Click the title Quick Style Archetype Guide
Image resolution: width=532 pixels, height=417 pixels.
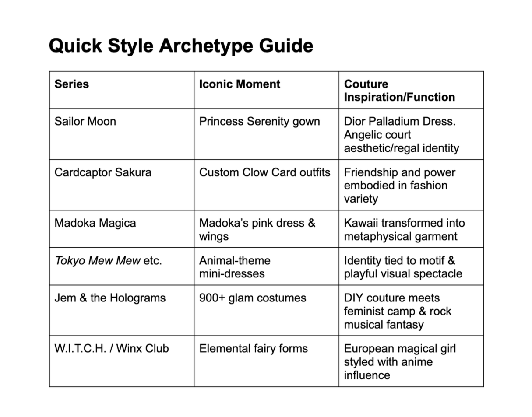pos(181,46)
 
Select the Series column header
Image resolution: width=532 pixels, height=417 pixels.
pos(71,84)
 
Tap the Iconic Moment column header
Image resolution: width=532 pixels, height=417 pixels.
pos(240,84)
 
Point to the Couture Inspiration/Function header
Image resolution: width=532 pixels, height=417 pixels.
pos(399,91)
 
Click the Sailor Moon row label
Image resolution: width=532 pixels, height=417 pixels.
pos(85,121)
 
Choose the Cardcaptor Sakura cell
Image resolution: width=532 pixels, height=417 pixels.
pos(103,172)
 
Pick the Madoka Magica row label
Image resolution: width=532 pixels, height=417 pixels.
pos(95,223)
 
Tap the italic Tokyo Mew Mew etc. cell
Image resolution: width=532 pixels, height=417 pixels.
pos(108,261)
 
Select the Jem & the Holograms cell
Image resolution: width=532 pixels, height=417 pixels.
pos(110,298)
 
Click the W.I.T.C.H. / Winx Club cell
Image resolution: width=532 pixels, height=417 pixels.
pos(111,349)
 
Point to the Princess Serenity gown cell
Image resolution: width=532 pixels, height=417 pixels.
pos(259,121)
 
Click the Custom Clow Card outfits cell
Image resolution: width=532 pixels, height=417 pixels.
pos(264,172)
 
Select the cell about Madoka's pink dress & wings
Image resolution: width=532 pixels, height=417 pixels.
pos(257,230)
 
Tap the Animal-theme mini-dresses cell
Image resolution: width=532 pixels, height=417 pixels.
pos(235,267)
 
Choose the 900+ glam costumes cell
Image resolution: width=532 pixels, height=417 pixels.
pos(253,298)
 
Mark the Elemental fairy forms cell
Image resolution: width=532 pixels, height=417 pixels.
pos(253,349)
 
